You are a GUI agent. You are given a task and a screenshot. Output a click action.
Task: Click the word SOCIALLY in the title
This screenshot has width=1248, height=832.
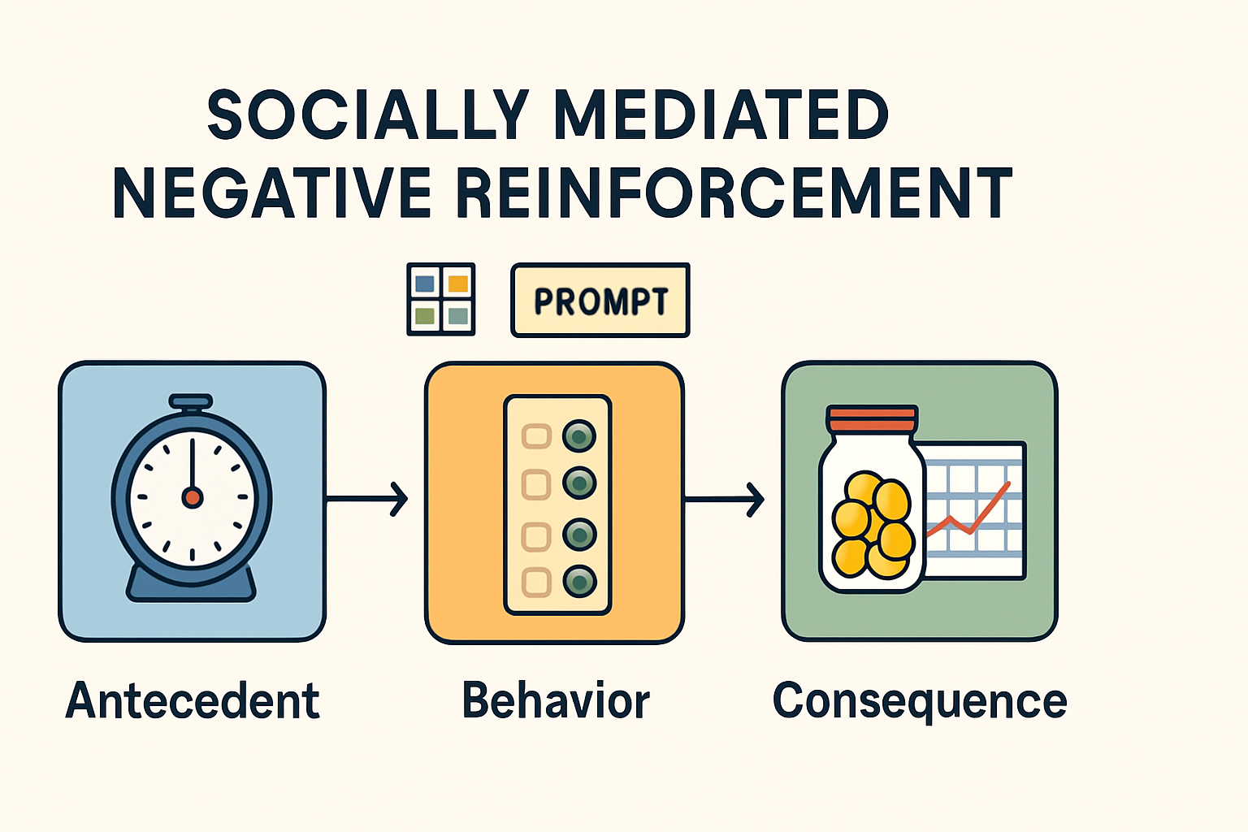click(x=368, y=115)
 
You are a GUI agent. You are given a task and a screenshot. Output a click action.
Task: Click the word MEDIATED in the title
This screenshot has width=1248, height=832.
click(x=721, y=115)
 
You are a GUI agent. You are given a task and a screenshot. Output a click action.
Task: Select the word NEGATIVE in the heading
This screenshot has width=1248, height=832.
click(x=271, y=193)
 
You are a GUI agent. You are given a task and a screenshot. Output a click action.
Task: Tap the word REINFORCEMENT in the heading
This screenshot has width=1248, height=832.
click(x=733, y=193)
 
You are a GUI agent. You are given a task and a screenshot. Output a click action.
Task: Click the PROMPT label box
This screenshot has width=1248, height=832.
click(x=600, y=301)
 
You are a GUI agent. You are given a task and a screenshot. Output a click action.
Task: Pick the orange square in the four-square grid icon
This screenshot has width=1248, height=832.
click(x=458, y=284)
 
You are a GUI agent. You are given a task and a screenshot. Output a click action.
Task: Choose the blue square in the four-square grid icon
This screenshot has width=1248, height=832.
click(x=424, y=284)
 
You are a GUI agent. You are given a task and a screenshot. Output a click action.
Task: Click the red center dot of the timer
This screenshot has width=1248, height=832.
click(x=193, y=497)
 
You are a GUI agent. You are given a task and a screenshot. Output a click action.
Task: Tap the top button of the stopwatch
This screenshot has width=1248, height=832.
click(x=191, y=401)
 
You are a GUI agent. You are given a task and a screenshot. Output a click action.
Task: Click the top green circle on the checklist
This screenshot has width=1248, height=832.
click(x=579, y=436)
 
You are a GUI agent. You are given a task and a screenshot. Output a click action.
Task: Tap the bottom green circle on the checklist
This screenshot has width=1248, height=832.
click(x=579, y=581)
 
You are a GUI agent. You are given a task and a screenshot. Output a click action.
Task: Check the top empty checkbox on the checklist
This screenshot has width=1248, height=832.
click(x=536, y=436)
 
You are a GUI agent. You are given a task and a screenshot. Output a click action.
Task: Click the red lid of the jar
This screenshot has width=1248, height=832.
click(x=872, y=420)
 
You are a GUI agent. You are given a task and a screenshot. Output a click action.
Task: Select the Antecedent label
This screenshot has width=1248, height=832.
click(x=193, y=700)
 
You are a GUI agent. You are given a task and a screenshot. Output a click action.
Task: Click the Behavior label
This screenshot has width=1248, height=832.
click(x=556, y=700)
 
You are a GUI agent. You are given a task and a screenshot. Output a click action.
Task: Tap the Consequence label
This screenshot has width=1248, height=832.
click(x=920, y=700)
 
